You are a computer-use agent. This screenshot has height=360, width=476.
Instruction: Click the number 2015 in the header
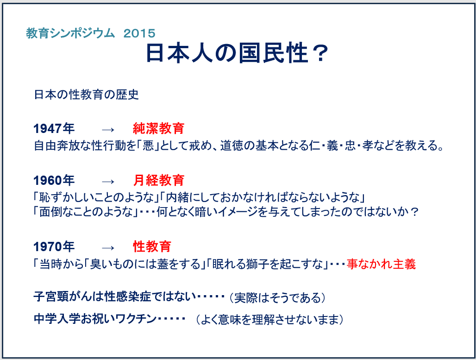point(139,33)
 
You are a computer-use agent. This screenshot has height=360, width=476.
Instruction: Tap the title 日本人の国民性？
point(237,53)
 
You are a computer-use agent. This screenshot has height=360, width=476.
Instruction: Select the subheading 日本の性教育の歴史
point(86,95)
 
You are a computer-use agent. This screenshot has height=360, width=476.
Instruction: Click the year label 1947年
point(54,128)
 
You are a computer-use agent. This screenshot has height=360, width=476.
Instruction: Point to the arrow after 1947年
point(108,130)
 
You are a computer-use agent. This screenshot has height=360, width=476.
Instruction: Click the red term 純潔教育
point(158,128)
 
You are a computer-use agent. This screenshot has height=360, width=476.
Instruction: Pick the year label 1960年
point(54,180)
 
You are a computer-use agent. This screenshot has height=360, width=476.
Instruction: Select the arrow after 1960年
point(108,182)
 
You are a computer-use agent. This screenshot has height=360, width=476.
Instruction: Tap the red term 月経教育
point(158,180)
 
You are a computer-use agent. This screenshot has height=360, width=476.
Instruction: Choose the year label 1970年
point(54,246)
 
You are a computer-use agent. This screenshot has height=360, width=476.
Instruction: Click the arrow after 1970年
point(108,248)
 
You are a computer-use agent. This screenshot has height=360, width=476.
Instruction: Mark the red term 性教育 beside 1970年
point(152,246)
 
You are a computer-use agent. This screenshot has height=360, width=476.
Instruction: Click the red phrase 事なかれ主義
point(381,264)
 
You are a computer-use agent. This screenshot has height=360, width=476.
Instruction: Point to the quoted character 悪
point(149,146)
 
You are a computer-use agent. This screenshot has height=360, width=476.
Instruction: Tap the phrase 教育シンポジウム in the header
point(70,33)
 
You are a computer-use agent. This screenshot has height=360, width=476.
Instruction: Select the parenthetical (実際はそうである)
point(277,298)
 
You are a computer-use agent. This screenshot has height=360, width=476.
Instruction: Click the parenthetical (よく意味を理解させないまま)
point(269,320)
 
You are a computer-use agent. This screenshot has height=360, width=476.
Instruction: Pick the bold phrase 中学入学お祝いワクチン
point(95,319)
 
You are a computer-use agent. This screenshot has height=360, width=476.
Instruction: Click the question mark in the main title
point(320,53)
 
